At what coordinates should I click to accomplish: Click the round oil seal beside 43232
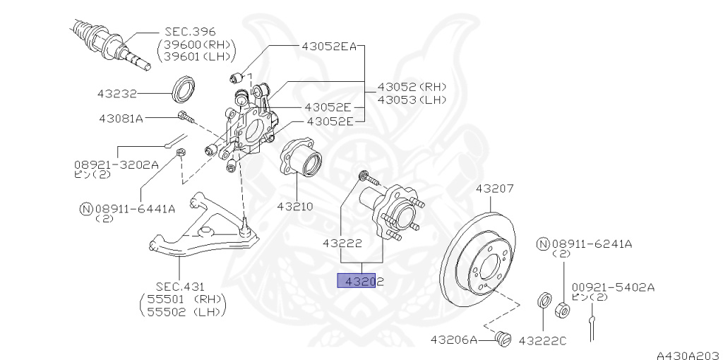pyautogui.click(x=186, y=88)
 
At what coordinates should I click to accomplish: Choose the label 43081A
pyautogui.click(x=120, y=118)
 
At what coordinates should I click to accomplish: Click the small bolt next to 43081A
pyautogui.click(x=184, y=116)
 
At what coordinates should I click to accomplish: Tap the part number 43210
pyautogui.click(x=294, y=207)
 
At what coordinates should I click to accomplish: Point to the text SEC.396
pyautogui.click(x=190, y=32)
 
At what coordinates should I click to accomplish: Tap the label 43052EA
pyautogui.click(x=329, y=46)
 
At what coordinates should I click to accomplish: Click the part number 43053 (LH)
pyautogui.click(x=412, y=100)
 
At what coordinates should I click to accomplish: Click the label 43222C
pyautogui.click(x=542, y=340)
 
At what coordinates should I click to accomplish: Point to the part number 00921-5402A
pyautogui.click(x=613, y=287)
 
